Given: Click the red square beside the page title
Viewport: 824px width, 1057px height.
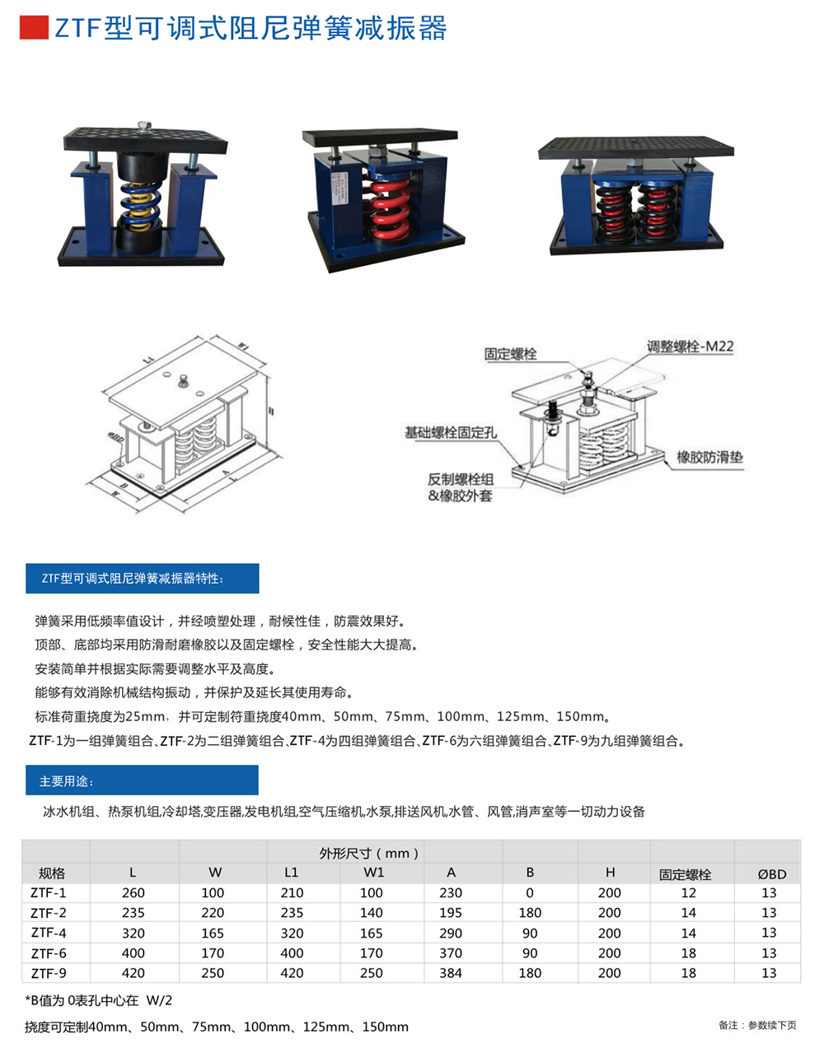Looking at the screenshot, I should pos(34,28).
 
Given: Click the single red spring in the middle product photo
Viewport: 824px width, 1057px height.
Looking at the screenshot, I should pos(387,206).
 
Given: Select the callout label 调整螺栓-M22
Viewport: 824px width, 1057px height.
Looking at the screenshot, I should pos(690,347).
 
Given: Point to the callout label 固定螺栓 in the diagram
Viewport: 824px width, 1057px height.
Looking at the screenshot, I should pos(510,354).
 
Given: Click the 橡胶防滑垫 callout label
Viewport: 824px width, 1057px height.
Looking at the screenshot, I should pos(709,457).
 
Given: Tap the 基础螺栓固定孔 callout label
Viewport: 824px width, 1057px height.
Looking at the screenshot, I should pos(450,432).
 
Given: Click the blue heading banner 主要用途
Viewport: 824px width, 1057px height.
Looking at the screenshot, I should pos(142,780).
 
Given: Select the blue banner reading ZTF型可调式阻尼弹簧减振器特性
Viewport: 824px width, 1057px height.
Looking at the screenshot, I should pos(143,579).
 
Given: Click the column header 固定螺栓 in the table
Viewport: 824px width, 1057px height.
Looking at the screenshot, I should pos(685,874).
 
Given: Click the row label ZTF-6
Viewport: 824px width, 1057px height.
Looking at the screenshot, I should pos(49,953).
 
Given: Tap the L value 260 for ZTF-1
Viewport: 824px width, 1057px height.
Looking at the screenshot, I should pos(133,893).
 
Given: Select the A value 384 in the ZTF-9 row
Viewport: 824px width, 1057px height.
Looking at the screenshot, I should pos(451,973).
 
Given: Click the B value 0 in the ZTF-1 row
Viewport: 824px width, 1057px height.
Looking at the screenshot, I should pos(530,893).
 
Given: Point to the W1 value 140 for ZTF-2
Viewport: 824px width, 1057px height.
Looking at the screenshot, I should pos(372,913).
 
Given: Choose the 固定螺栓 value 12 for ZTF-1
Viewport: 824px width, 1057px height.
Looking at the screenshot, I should pos(689,893).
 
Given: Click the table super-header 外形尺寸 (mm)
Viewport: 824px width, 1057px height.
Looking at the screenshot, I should pos(369,853).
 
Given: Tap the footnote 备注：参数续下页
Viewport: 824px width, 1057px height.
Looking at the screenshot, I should pos(757,1025).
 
